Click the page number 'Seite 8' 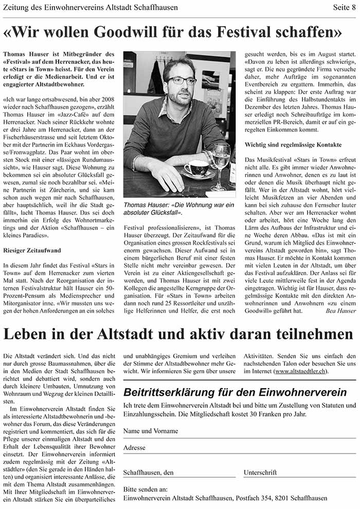coord(341,8)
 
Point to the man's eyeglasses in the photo coord(182,80)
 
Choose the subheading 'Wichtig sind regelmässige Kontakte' coord(293,145)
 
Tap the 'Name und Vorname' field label coord(150,431)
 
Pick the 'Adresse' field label coord(134,448)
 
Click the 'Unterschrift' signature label coord(260,472)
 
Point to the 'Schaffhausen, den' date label coord(148,472)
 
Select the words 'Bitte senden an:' coord(146,489)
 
